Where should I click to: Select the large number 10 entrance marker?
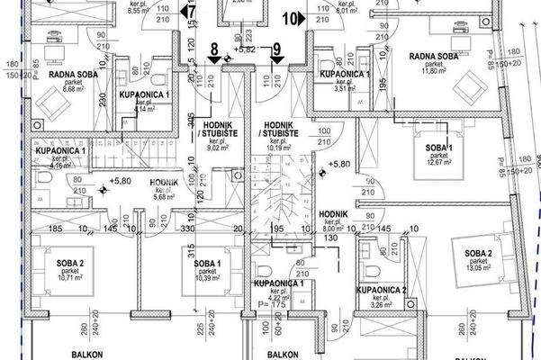(293, 15)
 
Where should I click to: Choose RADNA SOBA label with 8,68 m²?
(55, 76)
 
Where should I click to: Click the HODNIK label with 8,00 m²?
(333, 213)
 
